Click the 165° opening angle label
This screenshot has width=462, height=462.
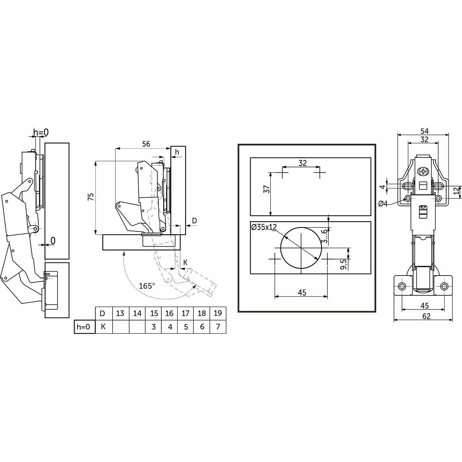pyautogui.click(x=147, y=286)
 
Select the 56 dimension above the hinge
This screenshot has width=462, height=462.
pyautogui.click(x=146, y=144)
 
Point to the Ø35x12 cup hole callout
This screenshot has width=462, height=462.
pyautogui.click(x=264, y=227)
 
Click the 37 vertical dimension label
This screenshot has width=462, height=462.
pyautogui.click(x=267, y=189)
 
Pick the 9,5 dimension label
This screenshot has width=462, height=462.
pyautogui.click(x=344, y=264)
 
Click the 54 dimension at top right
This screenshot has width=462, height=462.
pyautogui.click(x=425, y=131)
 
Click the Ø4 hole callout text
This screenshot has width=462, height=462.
pyautogui.click(x=383, y=204)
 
